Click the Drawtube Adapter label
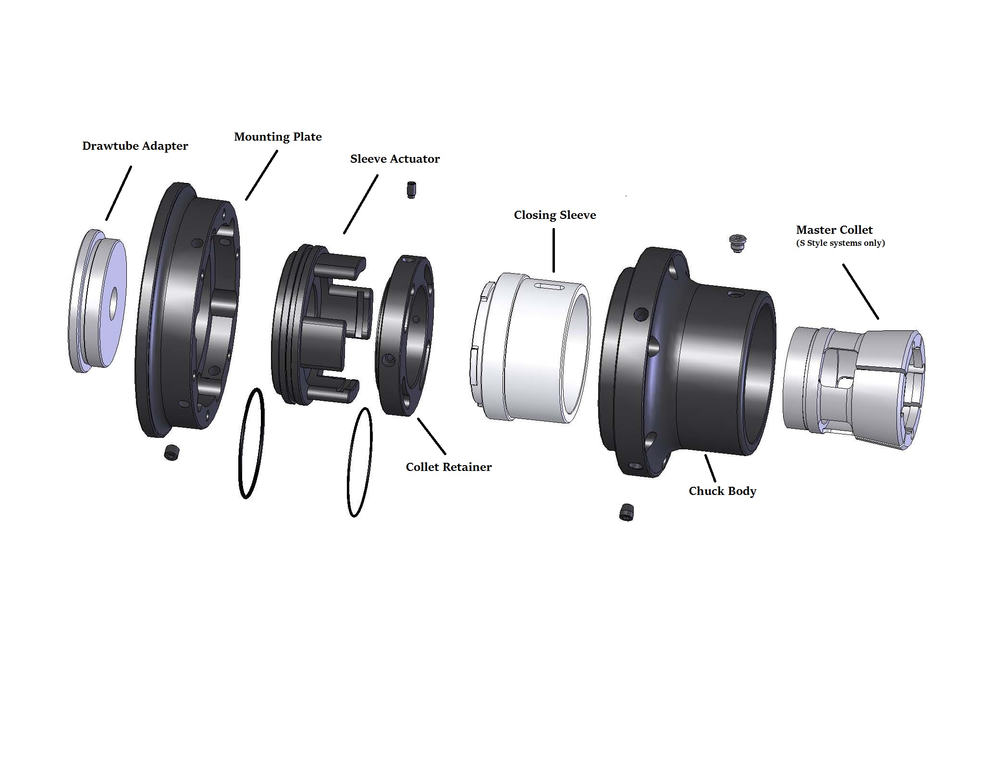pos(135,146)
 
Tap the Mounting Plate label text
pos(278,137)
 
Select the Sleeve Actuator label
pos(394,159)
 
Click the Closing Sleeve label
pos(554,215)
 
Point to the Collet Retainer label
pos(448,467)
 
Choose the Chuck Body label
pos(722,491)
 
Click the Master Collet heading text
pos(834,230)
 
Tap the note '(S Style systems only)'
pos(840,243)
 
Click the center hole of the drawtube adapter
pos(112,303)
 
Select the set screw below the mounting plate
pos(172,452)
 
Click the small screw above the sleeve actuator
pos(411,190)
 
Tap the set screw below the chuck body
pos(626,512)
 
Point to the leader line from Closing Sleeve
pos(553,250)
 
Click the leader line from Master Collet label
pos(860,291)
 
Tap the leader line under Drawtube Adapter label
pos(119,193)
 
